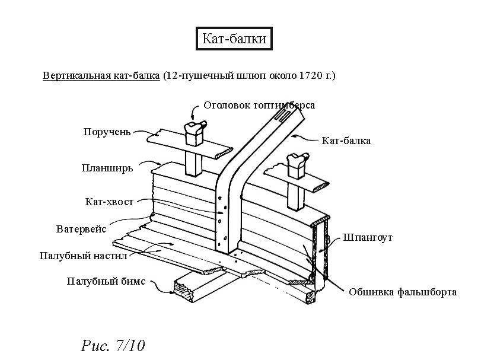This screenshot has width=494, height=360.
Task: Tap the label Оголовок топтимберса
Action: point(259,106)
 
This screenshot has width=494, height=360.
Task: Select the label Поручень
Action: point(107,132)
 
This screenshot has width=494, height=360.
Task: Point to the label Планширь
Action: point(107,168)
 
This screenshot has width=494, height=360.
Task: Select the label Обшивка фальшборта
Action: point(403,292)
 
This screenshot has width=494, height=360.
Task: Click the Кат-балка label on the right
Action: point(346,141)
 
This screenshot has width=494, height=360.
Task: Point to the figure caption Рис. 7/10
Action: point(112,345)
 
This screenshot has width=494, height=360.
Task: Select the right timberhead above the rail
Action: point(295,163)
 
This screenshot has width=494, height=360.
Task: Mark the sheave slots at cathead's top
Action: point(282,116)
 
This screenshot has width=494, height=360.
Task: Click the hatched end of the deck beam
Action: point(181,288)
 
